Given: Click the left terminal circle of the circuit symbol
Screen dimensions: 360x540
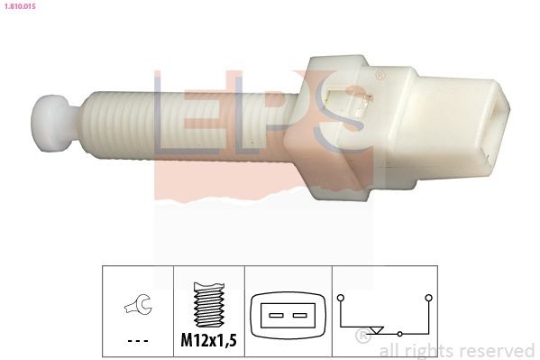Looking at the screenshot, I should (x=341, y=297).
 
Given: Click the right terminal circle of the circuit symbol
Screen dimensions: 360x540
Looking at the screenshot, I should (x=428, y=297).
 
